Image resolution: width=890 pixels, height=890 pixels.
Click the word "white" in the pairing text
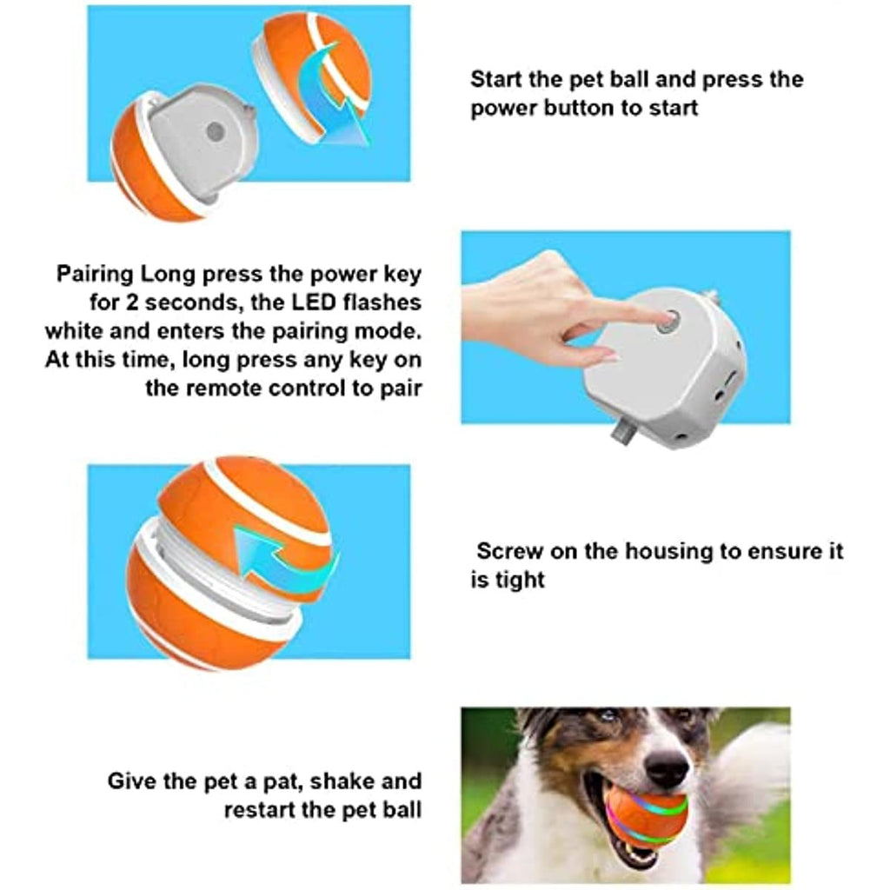pos(75,331)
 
